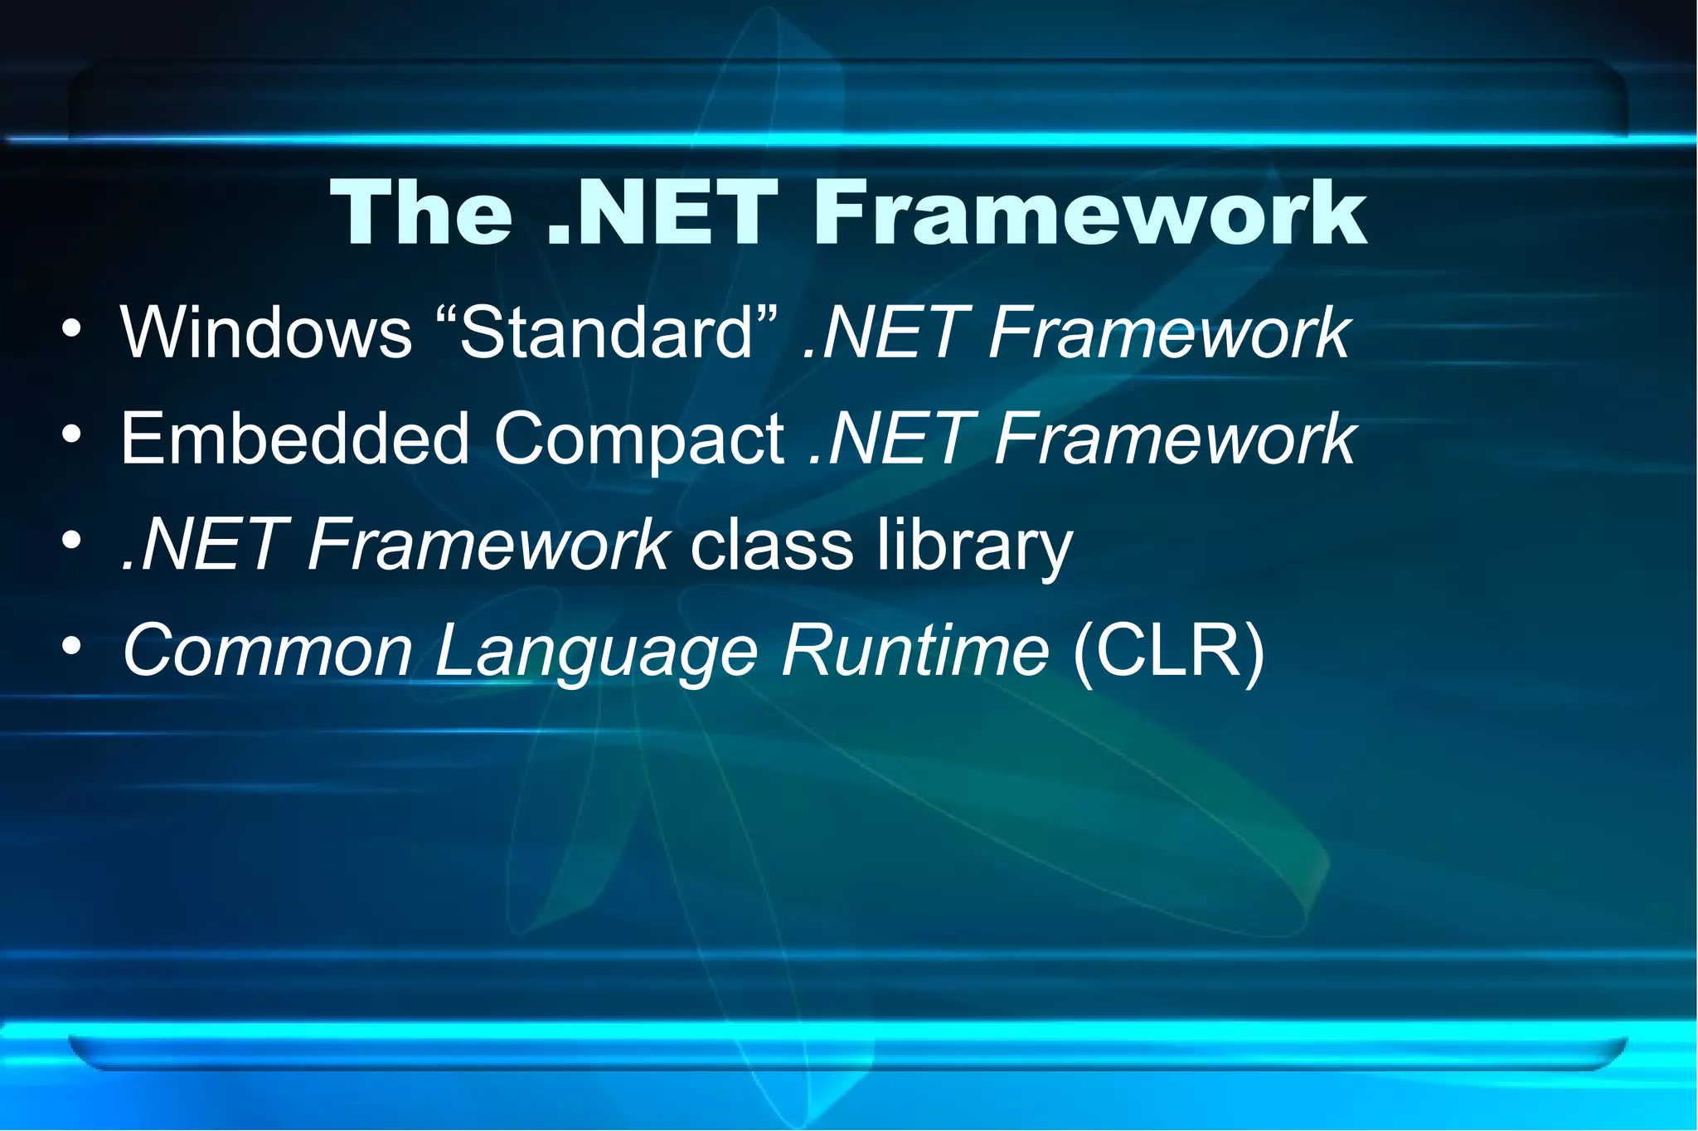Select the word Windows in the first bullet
coord(266,333)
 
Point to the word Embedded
coord(294,439)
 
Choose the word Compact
coord(639,440)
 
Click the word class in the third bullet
coord(772,546)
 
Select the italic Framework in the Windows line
coord(1169,333)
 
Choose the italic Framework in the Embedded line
coord(1174,439)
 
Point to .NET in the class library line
coord(203,546)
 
